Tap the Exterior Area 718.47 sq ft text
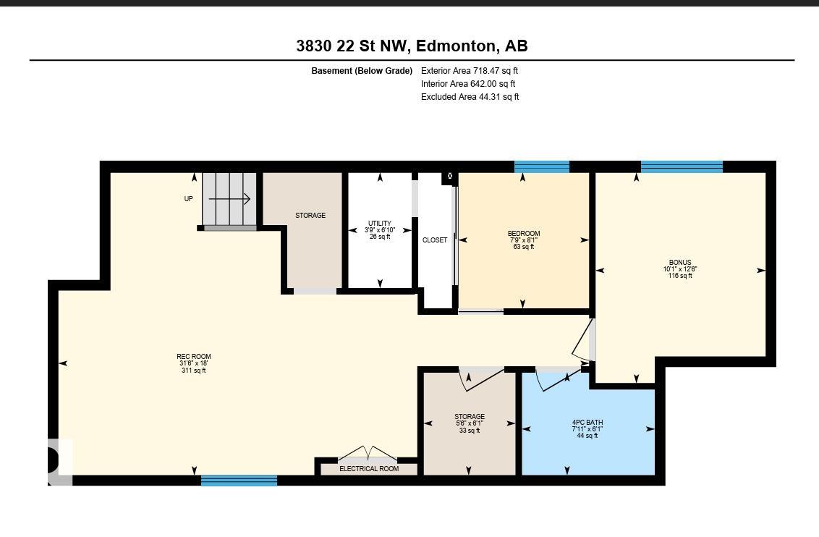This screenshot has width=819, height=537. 469,70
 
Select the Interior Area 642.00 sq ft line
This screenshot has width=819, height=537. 468,83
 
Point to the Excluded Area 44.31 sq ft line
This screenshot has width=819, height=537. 470,97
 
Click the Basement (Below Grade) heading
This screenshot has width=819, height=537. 362,70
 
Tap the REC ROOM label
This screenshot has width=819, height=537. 194,357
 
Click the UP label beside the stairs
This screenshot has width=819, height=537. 189,198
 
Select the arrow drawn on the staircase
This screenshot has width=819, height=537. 229,198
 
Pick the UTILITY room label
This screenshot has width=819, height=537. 380,223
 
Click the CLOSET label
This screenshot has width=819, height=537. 435,240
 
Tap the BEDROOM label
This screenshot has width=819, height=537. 524,234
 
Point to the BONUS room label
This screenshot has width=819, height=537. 680,263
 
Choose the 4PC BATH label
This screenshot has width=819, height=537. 587,423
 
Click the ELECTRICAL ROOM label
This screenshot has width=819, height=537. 369,468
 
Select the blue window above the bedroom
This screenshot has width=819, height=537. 542,166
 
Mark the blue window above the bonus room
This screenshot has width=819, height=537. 682,166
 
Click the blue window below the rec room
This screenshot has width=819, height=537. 239,481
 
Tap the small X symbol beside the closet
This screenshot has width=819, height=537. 450,176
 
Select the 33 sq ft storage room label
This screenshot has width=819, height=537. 470,423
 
